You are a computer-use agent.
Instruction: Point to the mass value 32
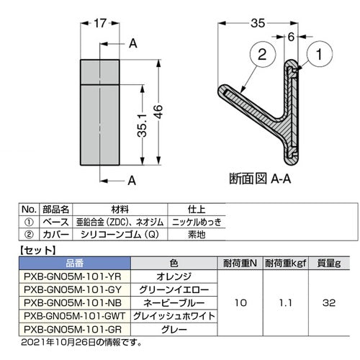pyautogui.click(x=328, y=302)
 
